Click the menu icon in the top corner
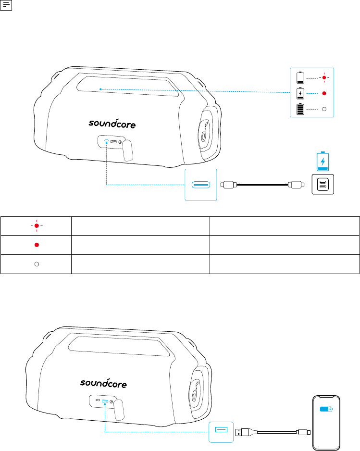tap(6, 5)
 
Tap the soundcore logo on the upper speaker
tap(112, 123)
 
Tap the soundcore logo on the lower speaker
tap(103, 383)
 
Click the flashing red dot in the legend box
tap(324, 78)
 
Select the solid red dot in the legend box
tap(324, 93)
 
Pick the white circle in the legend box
tap(324, 109)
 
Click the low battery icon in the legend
tap(300, 77)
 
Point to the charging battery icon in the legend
tap(300, 93)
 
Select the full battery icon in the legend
tap(300, 109)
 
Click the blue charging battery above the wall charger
tap(323, 161)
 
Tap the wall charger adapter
tap(323, 184)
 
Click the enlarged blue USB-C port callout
tap(201, 185)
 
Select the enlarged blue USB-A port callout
tap(221, 432)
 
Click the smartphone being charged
tap(326, 423)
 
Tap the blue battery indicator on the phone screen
tap(326, 409)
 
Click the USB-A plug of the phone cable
tap(242, 432)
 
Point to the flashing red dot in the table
tap(37, 226)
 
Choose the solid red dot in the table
tap(37, 245)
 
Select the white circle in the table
tap(37, 264)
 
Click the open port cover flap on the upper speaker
tap(127, 150)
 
